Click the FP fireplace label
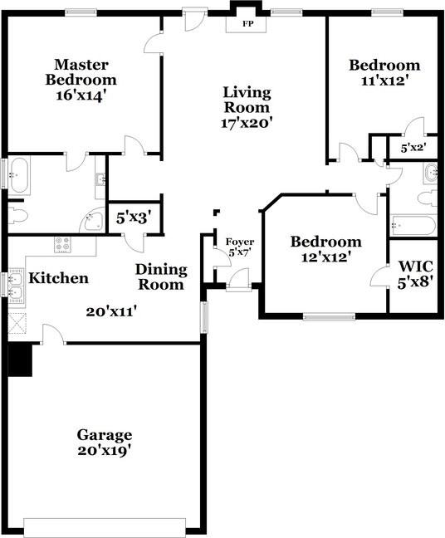pos(247,24)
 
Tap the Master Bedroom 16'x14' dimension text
pos(81,96)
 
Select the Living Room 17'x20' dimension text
pos(246,123)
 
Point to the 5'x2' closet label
pos(412,149)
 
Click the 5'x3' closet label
pos(133,218)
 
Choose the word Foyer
pos(240,242)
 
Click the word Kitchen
pos(58,278)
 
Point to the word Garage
pos(105,434)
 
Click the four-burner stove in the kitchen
pos(63,244)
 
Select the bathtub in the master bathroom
pos(19,176)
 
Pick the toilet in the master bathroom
pos(17,217)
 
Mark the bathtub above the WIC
pos(412,225)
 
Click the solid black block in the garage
pos(19,359)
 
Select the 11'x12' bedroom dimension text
pos(384,81)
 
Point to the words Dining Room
pos(161,277)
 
